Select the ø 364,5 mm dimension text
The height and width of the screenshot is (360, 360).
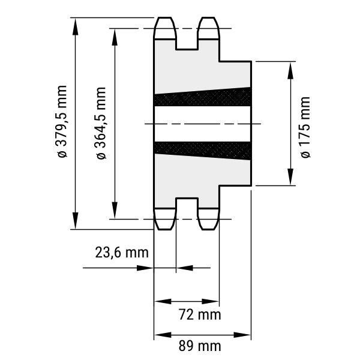click(101, 123)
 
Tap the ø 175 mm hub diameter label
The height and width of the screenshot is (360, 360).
click(305, 127)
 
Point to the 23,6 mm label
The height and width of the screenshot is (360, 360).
click(122, 253)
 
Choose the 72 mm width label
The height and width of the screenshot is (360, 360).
click(200, 314)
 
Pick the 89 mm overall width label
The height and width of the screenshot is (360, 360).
click(200, 346)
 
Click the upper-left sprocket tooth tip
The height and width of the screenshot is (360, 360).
click(165, 17)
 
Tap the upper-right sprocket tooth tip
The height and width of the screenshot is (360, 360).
click(208, 17)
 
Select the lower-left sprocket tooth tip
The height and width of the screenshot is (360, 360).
click(165, 229)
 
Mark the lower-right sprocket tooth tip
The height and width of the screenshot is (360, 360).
click(208, 229)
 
